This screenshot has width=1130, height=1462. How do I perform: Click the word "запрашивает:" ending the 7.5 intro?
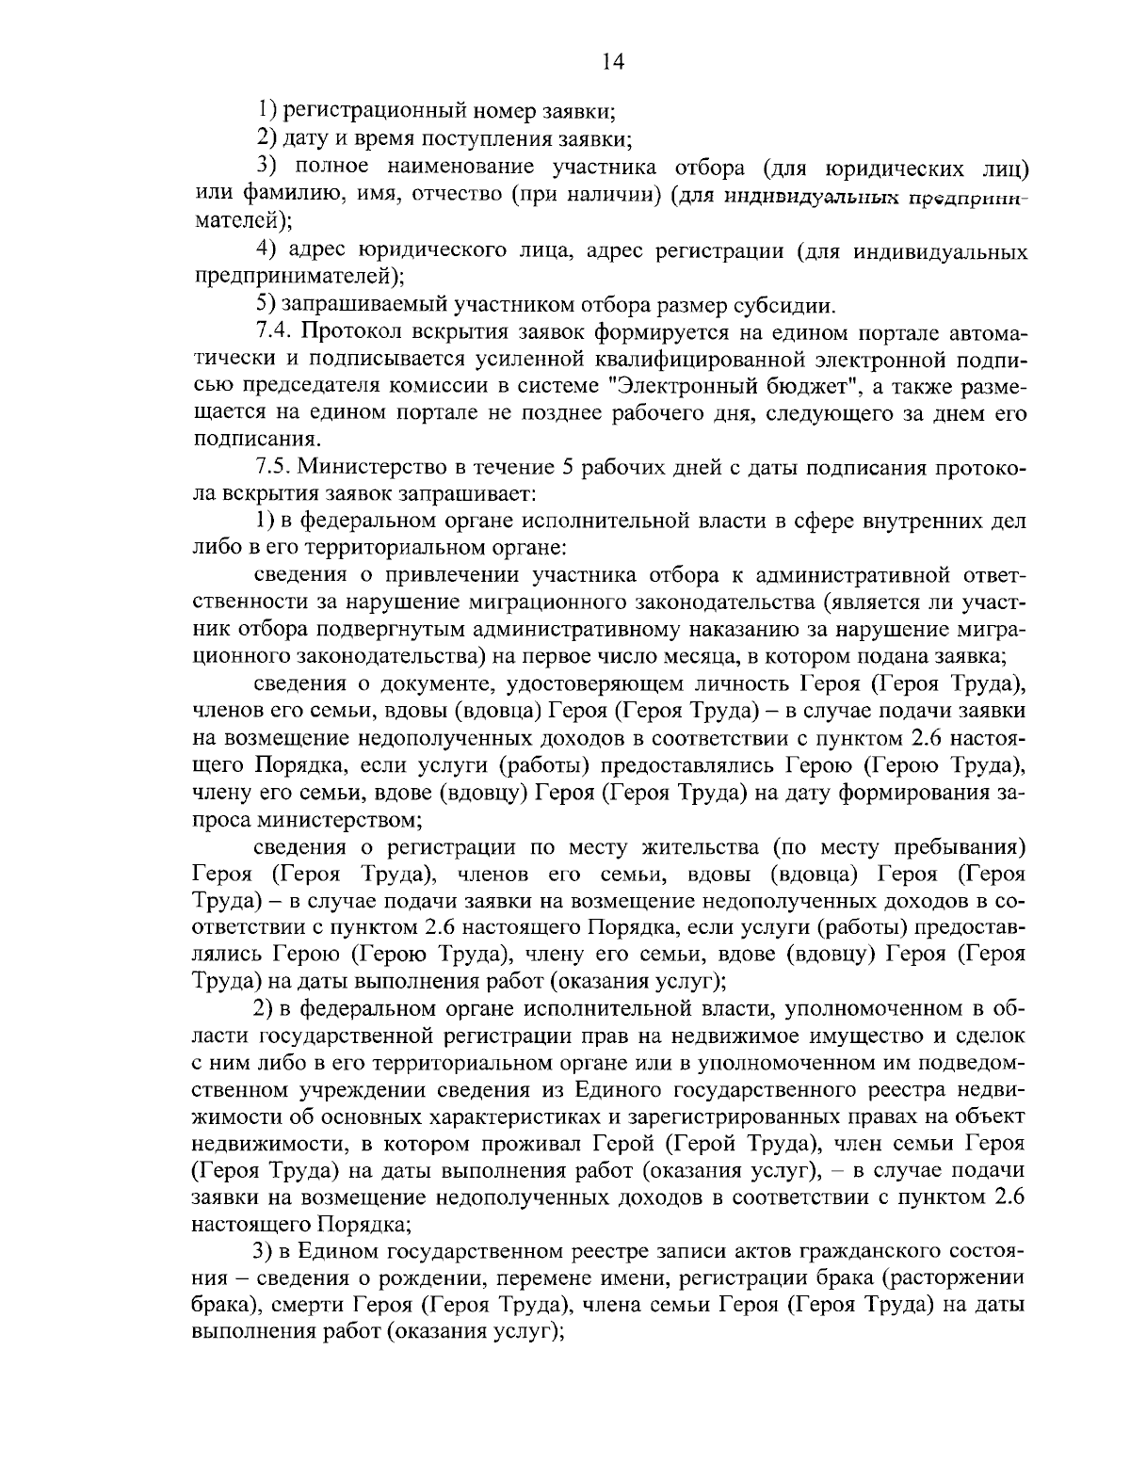[x=462, y=493]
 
